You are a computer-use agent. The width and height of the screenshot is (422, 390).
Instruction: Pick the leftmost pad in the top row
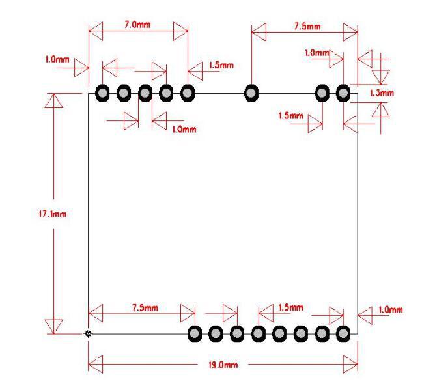click(x=102, y=93)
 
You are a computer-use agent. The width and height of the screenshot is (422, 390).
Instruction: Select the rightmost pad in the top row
click(x=343, y=93)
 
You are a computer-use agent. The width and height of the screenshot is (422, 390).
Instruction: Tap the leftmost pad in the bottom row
click(x=195, y=334)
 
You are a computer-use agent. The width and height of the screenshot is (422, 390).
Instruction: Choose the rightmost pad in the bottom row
click(x=344, y=334)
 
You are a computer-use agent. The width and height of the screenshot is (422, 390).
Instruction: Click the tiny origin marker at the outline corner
click(x=89, y=333)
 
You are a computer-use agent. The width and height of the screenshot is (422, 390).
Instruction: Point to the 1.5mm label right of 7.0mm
click(x=221, y=65)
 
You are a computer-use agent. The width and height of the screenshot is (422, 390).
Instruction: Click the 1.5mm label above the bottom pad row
click(x=290, y=307)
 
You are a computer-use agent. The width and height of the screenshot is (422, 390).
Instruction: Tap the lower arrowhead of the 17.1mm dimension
click(x=54, y=326)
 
